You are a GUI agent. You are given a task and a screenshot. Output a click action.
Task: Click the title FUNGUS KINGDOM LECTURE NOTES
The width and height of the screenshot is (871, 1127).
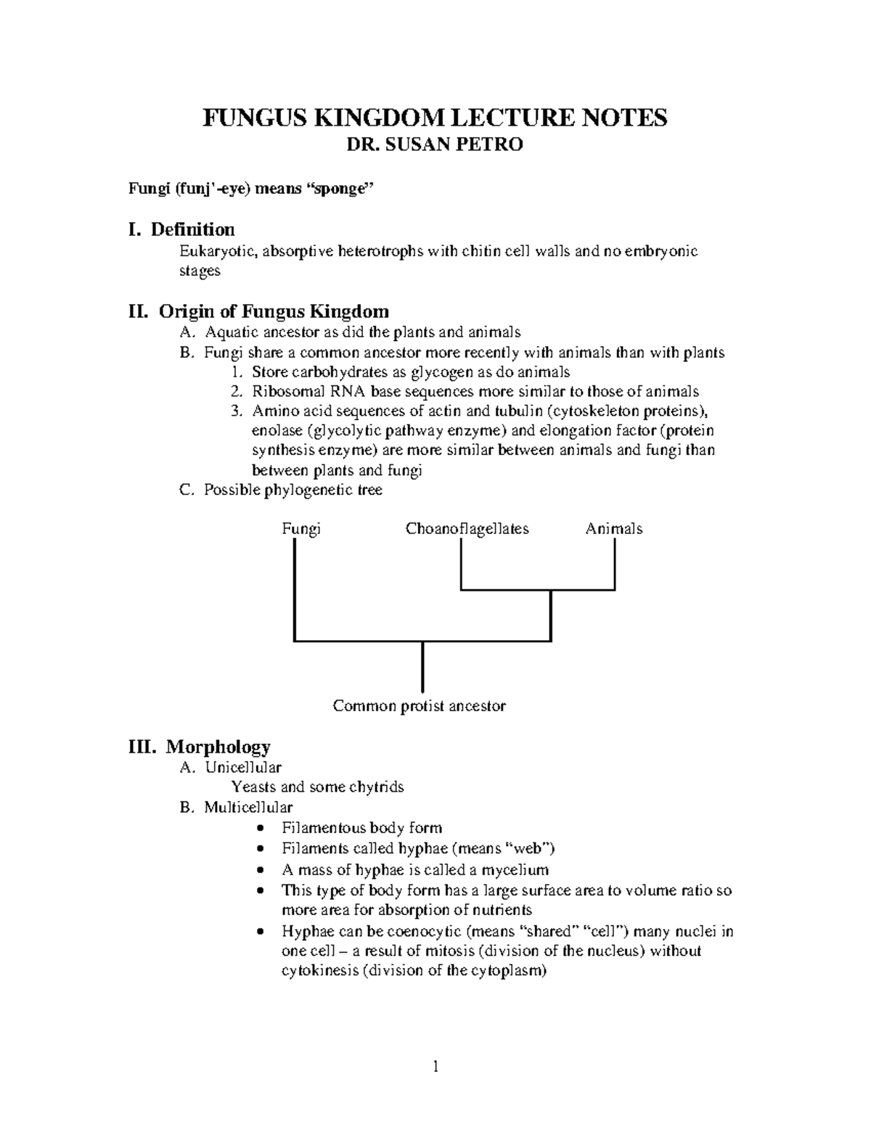point(434,118)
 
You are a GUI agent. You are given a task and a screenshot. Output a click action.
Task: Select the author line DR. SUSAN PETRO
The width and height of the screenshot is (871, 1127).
point(434,145)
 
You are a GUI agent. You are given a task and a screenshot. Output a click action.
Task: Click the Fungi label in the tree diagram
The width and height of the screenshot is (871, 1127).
point(300,529)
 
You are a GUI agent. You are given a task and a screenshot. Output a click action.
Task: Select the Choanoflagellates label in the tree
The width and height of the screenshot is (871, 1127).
point(467,529)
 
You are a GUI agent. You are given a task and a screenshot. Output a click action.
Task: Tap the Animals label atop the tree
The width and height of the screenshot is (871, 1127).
point(613,529)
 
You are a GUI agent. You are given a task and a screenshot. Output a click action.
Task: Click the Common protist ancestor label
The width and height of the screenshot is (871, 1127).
point(419,706)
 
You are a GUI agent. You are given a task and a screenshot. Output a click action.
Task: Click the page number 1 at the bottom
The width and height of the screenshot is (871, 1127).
point(435,1066)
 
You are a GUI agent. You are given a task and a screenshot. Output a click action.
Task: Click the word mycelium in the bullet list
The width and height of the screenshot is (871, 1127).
point(516,869)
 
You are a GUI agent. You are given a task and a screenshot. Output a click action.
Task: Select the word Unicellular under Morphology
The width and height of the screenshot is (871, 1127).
point(242,767)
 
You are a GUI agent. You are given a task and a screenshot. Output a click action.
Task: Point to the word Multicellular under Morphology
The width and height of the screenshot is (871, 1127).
point(248,808)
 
